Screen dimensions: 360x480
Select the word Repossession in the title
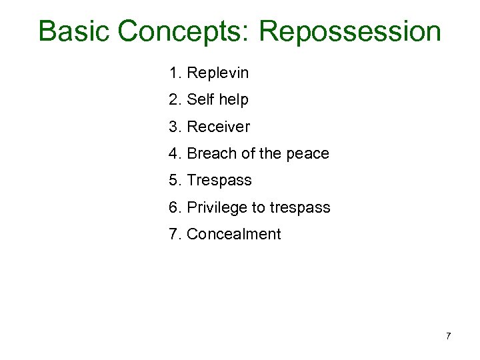[350, 31]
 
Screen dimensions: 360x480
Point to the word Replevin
[218, 73]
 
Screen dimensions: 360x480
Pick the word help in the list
[233, 100]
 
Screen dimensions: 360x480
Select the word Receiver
[219, 127]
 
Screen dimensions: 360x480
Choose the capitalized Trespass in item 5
[219, 181]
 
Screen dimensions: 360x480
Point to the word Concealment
[234, 234]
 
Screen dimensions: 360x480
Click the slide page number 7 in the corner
[448, 336]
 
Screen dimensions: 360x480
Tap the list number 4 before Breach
[174, 153]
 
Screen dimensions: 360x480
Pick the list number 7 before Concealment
[174, 234]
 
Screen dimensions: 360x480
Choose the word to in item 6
[258, 208]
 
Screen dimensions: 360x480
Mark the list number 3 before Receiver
[174, 127]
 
